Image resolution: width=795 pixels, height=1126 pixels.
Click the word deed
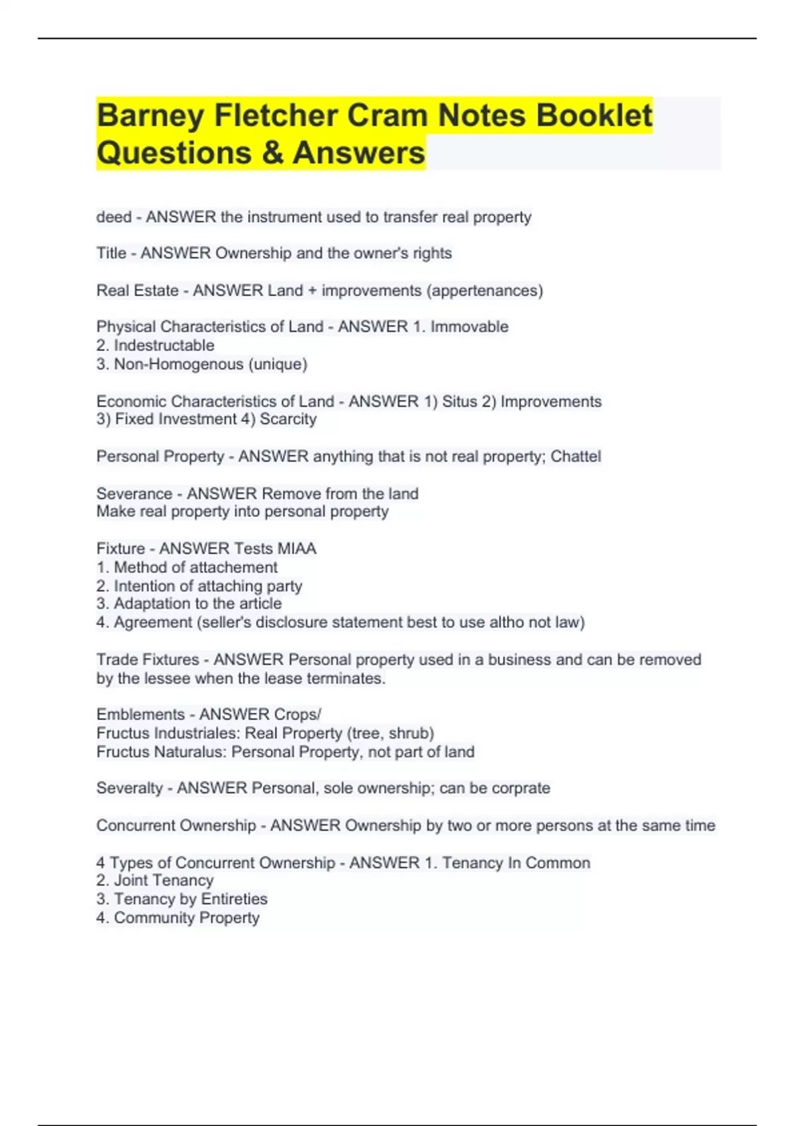[x=113, y=217]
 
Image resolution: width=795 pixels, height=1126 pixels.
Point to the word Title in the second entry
[x=111, y=253]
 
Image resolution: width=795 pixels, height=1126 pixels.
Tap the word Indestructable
[x=164, y=345]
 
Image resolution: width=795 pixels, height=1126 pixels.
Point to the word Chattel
[x=576, y=456]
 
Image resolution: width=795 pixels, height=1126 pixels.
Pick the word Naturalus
[x=189, y=752]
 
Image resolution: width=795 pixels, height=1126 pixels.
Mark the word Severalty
[x=129, y=788]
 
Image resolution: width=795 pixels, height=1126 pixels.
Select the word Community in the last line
[x=154, y=918]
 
